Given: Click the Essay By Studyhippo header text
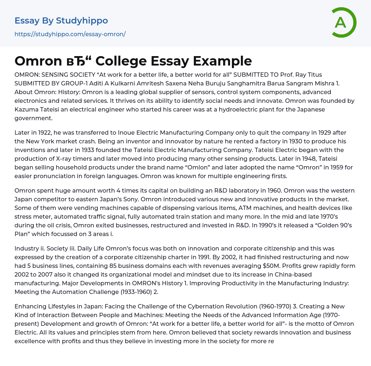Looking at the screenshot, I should click(x=61, y=21).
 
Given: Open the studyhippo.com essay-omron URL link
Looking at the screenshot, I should click(x=70, y=34).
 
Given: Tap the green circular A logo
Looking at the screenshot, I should click(x=341, y=22).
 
